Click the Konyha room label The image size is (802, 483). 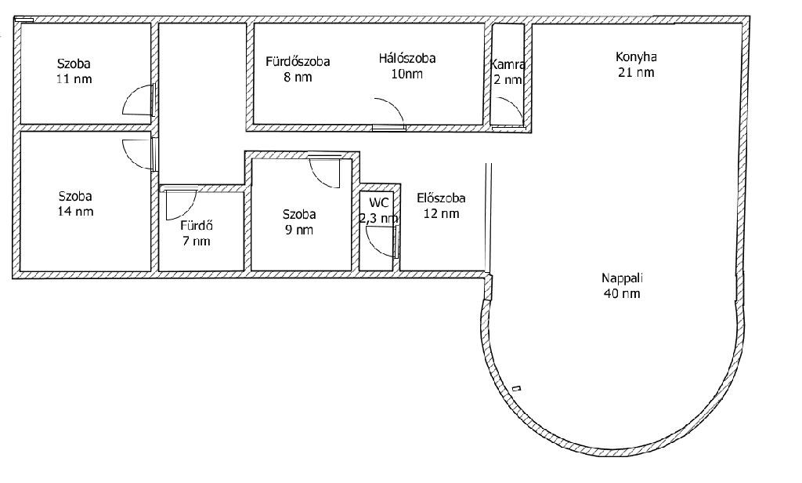(x=636, y=56)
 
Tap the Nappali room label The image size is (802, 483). (x=622, y=278)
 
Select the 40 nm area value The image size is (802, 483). (x=622, y=293)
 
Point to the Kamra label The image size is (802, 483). (x=508, y=64)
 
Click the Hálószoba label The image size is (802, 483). (x=407, y=58)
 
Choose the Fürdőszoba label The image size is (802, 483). (x=298, y=61)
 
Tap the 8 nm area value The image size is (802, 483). (x=298, y=78)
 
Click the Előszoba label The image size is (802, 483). (x=441, y=198)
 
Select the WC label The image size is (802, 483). (x=378, y=202)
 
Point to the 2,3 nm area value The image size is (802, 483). (x=379, y=218)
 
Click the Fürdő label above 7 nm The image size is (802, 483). (x=197, y=225)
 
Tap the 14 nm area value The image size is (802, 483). (x=76, y=212)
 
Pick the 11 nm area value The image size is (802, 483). (x=75, y=79)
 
